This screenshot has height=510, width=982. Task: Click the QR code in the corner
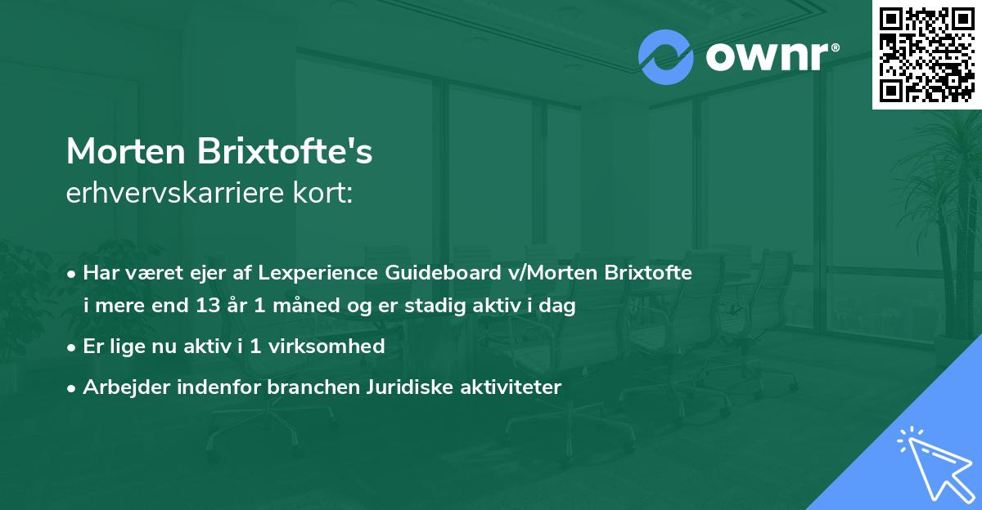pos(927,54)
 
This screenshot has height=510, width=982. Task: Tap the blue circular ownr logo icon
pos(665,57)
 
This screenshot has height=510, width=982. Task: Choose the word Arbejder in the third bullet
pos(120,387)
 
